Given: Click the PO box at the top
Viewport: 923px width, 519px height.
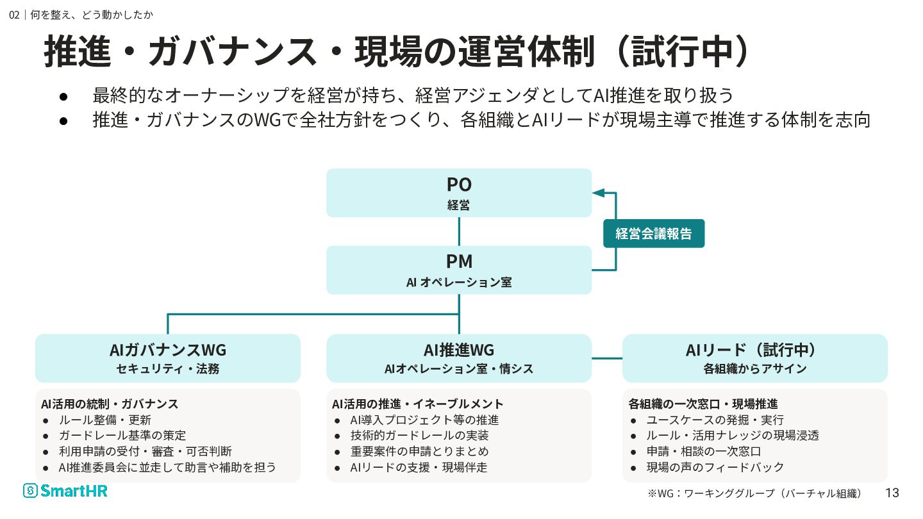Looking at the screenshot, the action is coord(459,193).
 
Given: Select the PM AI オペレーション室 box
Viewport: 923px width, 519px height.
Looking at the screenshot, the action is coord(459,270).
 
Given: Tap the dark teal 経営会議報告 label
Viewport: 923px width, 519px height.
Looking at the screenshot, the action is coord(654,233).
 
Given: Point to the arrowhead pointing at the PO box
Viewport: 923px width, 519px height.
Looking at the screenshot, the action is coord(598,193).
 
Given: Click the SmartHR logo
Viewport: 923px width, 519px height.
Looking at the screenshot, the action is coord(65,491).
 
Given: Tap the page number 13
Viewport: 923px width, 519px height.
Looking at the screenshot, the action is coord(892,493).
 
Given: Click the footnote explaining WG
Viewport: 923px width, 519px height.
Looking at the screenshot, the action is coord(754,493).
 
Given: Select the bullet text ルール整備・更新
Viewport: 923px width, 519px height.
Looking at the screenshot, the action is coord(105,420).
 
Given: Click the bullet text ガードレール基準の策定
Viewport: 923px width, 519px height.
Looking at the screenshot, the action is coord(122,436).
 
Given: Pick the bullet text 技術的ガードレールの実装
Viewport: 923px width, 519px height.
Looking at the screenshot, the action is coord(419,436).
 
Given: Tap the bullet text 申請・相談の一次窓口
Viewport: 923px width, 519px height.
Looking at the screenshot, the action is coord(704,452).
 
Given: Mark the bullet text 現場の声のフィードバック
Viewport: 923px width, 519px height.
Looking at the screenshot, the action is coord(715,467).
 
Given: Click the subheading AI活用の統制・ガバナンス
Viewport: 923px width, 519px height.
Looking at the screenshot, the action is coord(110,404).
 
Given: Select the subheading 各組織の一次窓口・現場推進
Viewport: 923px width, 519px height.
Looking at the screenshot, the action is coord(703,404).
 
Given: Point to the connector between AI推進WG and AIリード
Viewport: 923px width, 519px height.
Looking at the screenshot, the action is coord(607,358).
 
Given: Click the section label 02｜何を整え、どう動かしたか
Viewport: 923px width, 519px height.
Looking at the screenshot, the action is coord(81,15).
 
